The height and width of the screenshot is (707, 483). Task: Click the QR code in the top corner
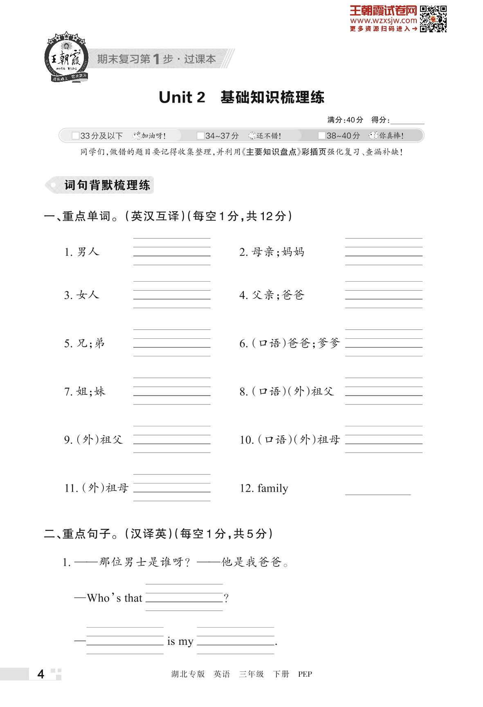coord(434,18)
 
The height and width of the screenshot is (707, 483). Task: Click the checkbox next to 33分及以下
coord(75,136)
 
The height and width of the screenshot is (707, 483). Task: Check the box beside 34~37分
coord(200,136)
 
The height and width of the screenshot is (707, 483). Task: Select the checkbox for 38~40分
coord(322,136)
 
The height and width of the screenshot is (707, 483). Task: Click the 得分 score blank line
coord(407,121)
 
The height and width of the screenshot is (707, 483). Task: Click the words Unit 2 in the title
coord(182,98)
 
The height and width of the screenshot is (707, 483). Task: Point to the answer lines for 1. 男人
coord(172,251)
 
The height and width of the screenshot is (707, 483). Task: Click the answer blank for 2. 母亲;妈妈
coord(384,251)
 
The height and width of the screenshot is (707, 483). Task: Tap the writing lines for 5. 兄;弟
coord(172,342)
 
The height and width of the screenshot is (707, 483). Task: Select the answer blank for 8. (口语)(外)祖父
coord(384,391)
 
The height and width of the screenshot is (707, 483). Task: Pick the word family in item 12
coord(273,488)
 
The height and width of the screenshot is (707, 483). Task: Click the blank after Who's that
coord(184,597)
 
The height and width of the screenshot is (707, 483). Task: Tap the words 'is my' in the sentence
coord(180,642)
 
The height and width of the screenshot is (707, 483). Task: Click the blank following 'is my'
coord(235,641)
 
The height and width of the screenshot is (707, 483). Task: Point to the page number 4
coord(40,674)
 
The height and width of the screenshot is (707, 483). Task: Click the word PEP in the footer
coord(305,674)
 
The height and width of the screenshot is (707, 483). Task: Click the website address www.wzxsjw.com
coord(383,20)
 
